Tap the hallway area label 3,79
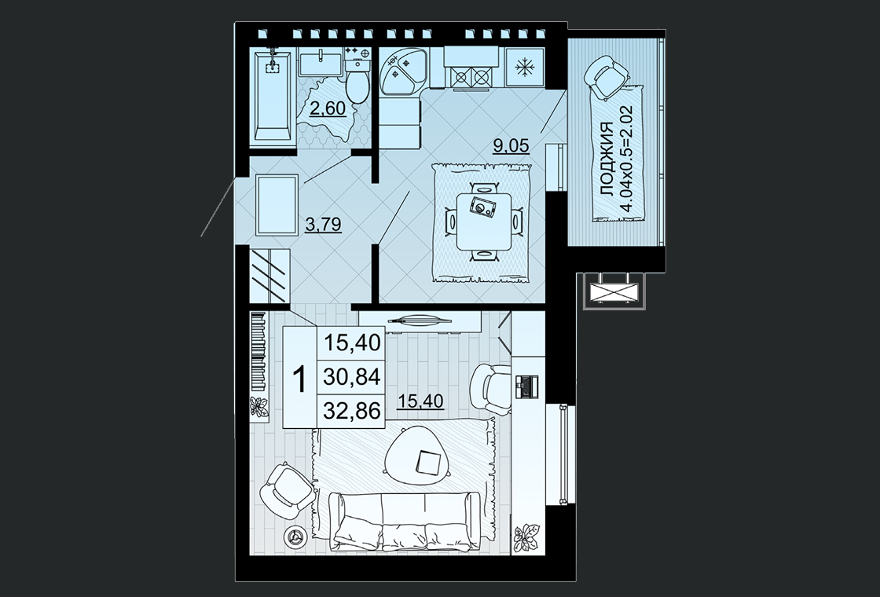323,225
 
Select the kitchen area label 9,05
511,145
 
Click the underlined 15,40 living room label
420,401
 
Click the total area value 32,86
352,412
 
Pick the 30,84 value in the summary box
352,376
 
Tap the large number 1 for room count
300,379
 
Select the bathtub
273,97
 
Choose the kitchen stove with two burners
471,76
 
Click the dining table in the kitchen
484,222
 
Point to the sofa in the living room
404,522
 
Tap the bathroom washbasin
321,62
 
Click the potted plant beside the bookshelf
259,406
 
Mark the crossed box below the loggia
615,291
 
